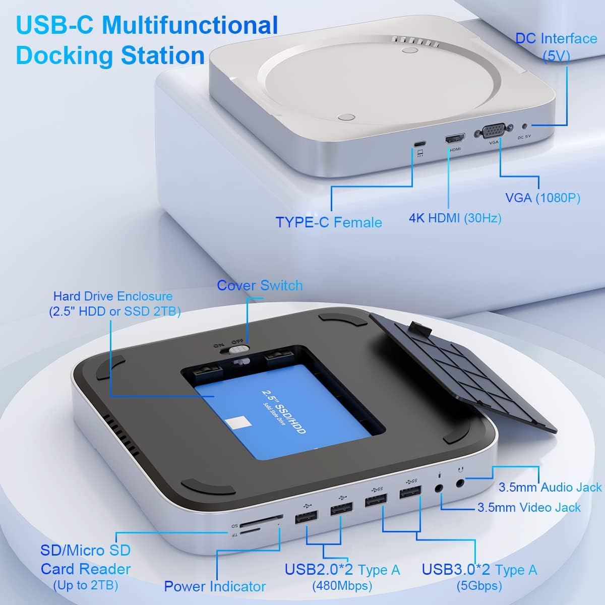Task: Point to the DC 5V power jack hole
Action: click(527, 126)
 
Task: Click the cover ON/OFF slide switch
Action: click(237, 348)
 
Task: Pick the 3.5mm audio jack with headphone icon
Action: click(460, 483)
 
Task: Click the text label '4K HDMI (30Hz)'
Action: click(455, 218)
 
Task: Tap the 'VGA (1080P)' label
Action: click(542, 198)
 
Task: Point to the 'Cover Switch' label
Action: click(260, 285)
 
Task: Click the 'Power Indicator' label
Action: click(215, 586)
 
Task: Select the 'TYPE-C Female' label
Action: click(329, 222)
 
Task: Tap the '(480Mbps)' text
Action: click(342, 586)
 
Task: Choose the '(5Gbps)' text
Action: click(479, 586)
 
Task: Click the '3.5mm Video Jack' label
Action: click(529, 507)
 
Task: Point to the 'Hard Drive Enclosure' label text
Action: click(113, 296)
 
